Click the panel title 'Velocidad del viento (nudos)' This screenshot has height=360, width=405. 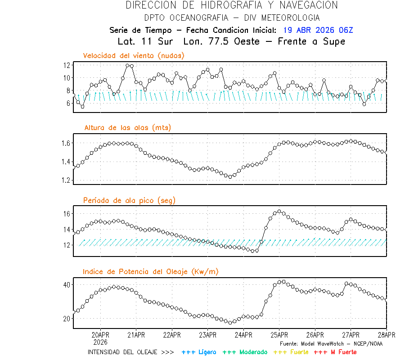[134, 56]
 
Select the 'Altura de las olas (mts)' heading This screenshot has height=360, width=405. [127, 128]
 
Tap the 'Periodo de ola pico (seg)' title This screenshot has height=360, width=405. [129, 200]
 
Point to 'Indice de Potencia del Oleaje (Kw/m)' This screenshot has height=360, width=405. [151, 272]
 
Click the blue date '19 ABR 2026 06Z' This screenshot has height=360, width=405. [318, 31]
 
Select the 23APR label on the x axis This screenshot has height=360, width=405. [207, 335]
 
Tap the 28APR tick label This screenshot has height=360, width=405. [386, 335]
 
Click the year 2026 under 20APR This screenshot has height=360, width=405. [100, 342]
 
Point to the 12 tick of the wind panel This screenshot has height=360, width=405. [67, 65]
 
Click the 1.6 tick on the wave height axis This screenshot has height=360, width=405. [66, 143]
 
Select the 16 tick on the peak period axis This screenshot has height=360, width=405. [67, 214]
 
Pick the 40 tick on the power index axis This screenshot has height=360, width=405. [67, 285]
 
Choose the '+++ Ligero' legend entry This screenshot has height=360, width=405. [199, 352]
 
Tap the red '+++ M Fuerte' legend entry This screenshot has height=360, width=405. [335, 352]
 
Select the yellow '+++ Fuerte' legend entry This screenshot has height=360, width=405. [291, 352]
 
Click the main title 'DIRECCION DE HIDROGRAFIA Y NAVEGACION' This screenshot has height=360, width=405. [232, 5]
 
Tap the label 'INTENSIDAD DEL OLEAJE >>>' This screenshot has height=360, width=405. [130, 352]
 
